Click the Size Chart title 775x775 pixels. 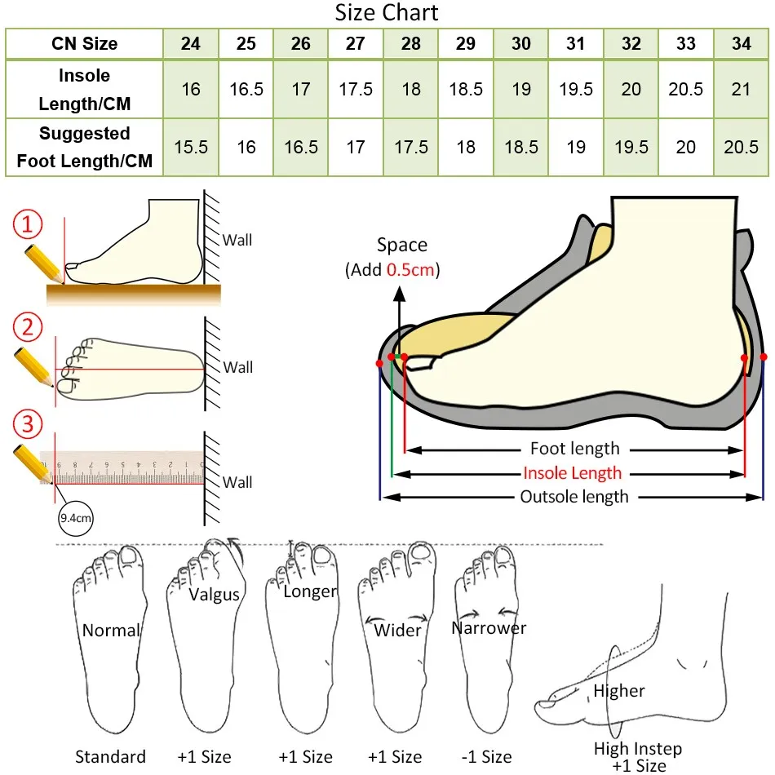click(x=387, y=13)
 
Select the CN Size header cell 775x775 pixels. click(x=84, y=44)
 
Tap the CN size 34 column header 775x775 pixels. click(x=741, y=44)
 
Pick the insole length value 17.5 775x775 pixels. click(x=356, y=89)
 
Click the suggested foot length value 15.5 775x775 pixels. click(x=191, y=147)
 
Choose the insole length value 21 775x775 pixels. click(x=741, y=89)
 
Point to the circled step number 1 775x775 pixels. click(x=29, y=224)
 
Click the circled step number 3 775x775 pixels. click(x=29, y=424)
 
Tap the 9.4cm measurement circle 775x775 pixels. click(x=76, y=517)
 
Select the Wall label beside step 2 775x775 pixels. click(x=237, y=367)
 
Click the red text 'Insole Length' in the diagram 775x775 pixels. click(x=572, y=473)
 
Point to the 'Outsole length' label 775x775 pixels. click(x=574, y=497)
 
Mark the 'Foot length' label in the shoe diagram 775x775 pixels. click(x=574, y=449)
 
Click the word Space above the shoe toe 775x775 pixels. click(x=401, y=245)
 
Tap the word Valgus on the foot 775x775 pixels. click(x=214, y=594)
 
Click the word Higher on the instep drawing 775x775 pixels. click(x=618, y=691)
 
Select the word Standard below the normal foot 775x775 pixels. click(x=110, y=756)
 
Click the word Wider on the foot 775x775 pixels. click(x=397, y=630)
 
